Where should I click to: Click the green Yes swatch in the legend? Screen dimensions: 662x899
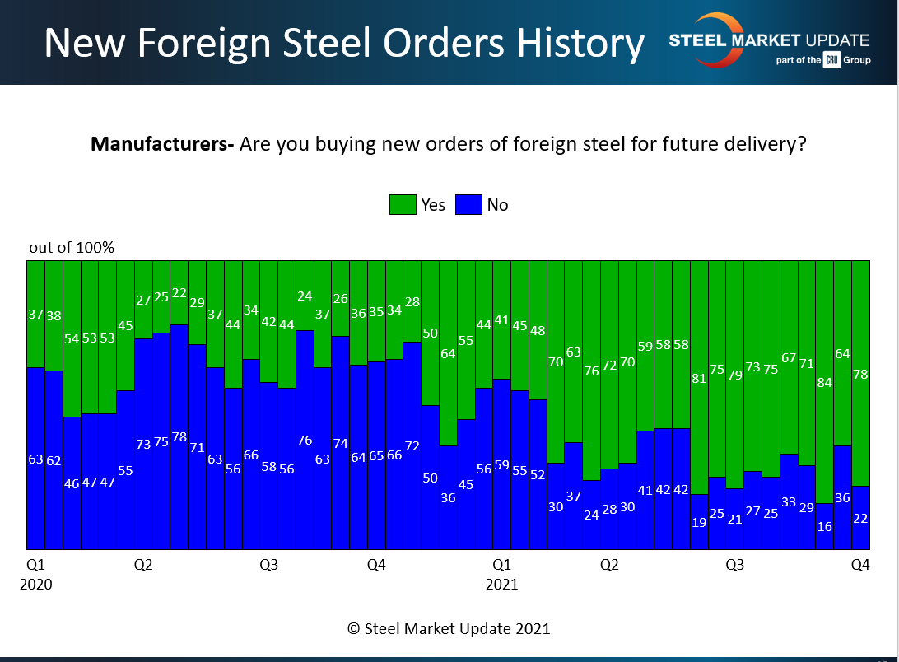[403, 204]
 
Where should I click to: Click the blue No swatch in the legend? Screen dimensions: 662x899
[468, 204]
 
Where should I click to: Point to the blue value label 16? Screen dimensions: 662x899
[823, 526]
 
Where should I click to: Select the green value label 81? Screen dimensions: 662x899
[699, 379]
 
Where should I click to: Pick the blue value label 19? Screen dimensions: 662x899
[699, 521]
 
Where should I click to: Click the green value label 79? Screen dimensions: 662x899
[735, 375]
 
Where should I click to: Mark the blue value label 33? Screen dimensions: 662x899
[789, 501]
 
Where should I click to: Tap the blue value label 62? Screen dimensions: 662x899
[54, 460]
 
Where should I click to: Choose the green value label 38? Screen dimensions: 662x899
[54, 315]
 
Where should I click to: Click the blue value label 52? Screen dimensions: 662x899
[537, 474]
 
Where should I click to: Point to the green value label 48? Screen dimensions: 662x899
[537, 330]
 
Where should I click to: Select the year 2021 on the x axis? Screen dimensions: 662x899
[501, 585]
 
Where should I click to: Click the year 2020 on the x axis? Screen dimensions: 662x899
[36, 585]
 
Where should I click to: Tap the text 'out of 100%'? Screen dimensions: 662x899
[72, 248]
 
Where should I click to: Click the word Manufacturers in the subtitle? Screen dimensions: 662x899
[161, 145]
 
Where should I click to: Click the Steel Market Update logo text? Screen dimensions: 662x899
[769, 40]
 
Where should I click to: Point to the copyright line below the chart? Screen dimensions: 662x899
[449, 628]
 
